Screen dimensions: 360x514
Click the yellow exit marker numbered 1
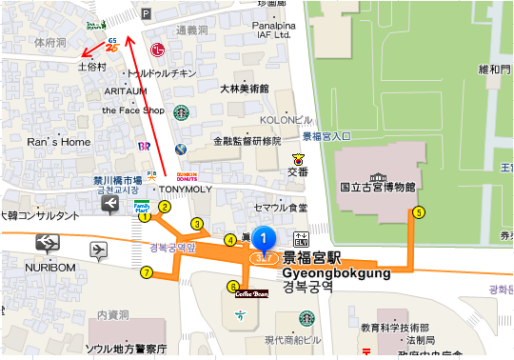(145, 216)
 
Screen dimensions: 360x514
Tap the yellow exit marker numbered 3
(197, 224)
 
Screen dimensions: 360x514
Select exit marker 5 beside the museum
(418, 212)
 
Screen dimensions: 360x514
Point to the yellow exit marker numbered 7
(146, 272)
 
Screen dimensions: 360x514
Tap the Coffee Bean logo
(255, 294)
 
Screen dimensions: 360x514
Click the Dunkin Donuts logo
(187, 176)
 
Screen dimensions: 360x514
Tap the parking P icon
(145, 13)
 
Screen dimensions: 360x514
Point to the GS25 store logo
(113, 45)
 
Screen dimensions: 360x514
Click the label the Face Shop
(140, 110)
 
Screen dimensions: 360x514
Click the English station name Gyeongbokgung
(337, 272)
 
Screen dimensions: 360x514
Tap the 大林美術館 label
(244, 89)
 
